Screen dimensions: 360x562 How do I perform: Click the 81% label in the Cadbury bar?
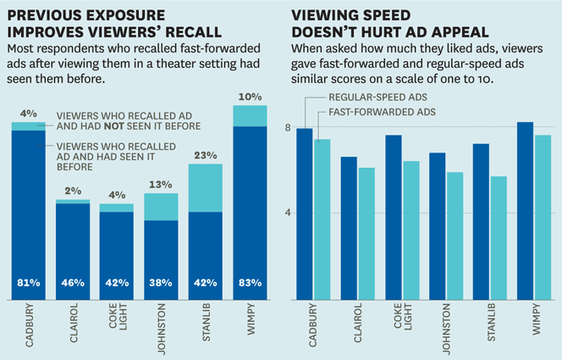point(30,283)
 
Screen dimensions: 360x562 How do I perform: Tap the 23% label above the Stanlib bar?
point(205,155)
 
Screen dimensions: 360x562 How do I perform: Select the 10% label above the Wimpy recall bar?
point(249,97)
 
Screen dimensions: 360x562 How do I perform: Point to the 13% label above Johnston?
point(161,185)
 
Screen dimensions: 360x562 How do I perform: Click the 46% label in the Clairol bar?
point(74,283)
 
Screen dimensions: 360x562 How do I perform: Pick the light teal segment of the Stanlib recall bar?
point(205,187)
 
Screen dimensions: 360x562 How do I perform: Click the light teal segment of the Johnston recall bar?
point(161,207)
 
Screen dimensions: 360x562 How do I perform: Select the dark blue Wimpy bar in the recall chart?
point(249,212)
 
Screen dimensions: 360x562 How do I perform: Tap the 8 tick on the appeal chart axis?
point(288,128)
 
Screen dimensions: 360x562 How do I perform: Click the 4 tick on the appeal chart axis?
point(288,213)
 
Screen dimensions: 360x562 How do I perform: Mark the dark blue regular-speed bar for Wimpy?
point(525,211)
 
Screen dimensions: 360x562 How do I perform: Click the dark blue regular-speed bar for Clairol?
point(349,228)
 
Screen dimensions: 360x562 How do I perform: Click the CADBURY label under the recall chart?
point(30,329)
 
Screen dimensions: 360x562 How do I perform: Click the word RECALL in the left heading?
point(196,32)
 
